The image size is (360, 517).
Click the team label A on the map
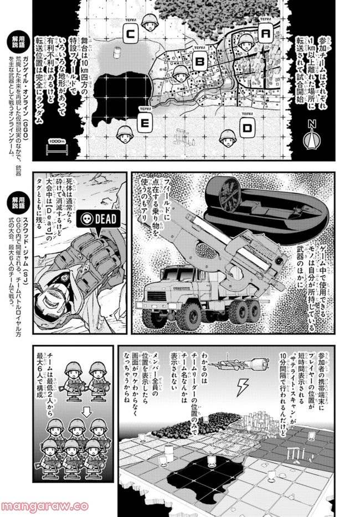(x=265, y=34)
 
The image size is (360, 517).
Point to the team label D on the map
(x=246, y=128)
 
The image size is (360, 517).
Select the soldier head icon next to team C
(x=148, y=22)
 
